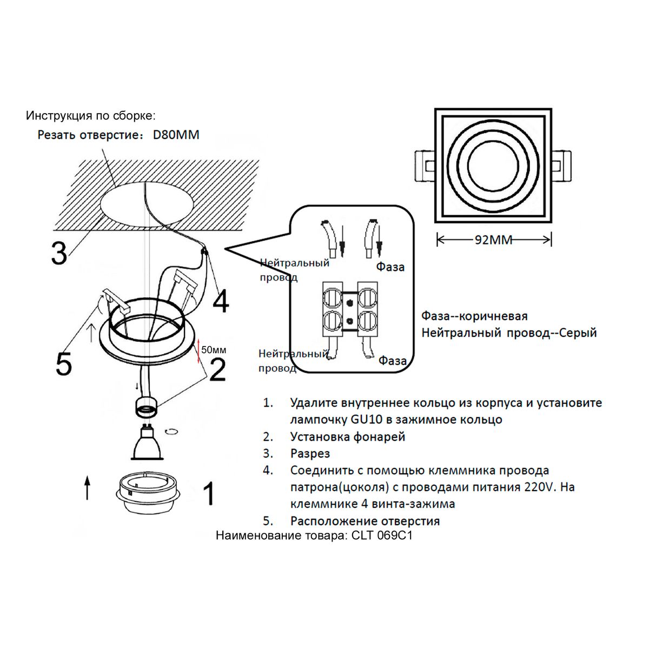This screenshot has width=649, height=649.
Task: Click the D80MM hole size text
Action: [176, 135]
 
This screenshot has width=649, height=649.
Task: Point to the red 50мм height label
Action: [213, 349]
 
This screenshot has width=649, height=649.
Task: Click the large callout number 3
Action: [59, 252]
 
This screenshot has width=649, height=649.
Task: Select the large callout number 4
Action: [221, 302]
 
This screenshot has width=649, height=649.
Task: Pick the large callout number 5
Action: [64, 363]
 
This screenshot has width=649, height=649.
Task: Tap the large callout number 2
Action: [217, 369]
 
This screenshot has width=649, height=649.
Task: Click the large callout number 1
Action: [208, 493]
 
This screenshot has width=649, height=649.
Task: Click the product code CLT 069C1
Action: [382, 536]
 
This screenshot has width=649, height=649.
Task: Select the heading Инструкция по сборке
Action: [90, 116]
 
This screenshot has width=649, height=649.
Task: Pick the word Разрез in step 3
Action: [310, 453]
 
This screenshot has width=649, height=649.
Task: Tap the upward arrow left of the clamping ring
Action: [88, 487]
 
